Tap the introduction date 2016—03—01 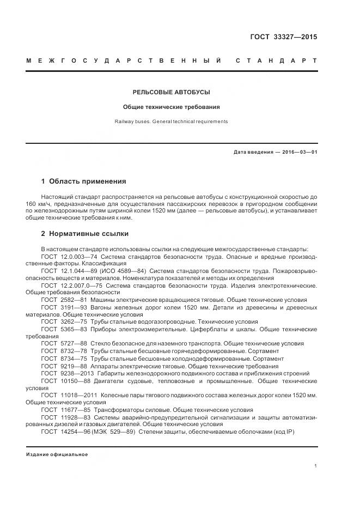click(x=298, y=152)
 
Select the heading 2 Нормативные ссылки click(x=85, y=234)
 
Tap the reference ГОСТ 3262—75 click(x=60, y=322)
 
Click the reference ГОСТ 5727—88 click(x=60, y=344)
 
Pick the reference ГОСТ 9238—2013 click(x=64, y=374)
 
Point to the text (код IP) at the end click(x=297, y=432)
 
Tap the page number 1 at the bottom click(x=316, y=466)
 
